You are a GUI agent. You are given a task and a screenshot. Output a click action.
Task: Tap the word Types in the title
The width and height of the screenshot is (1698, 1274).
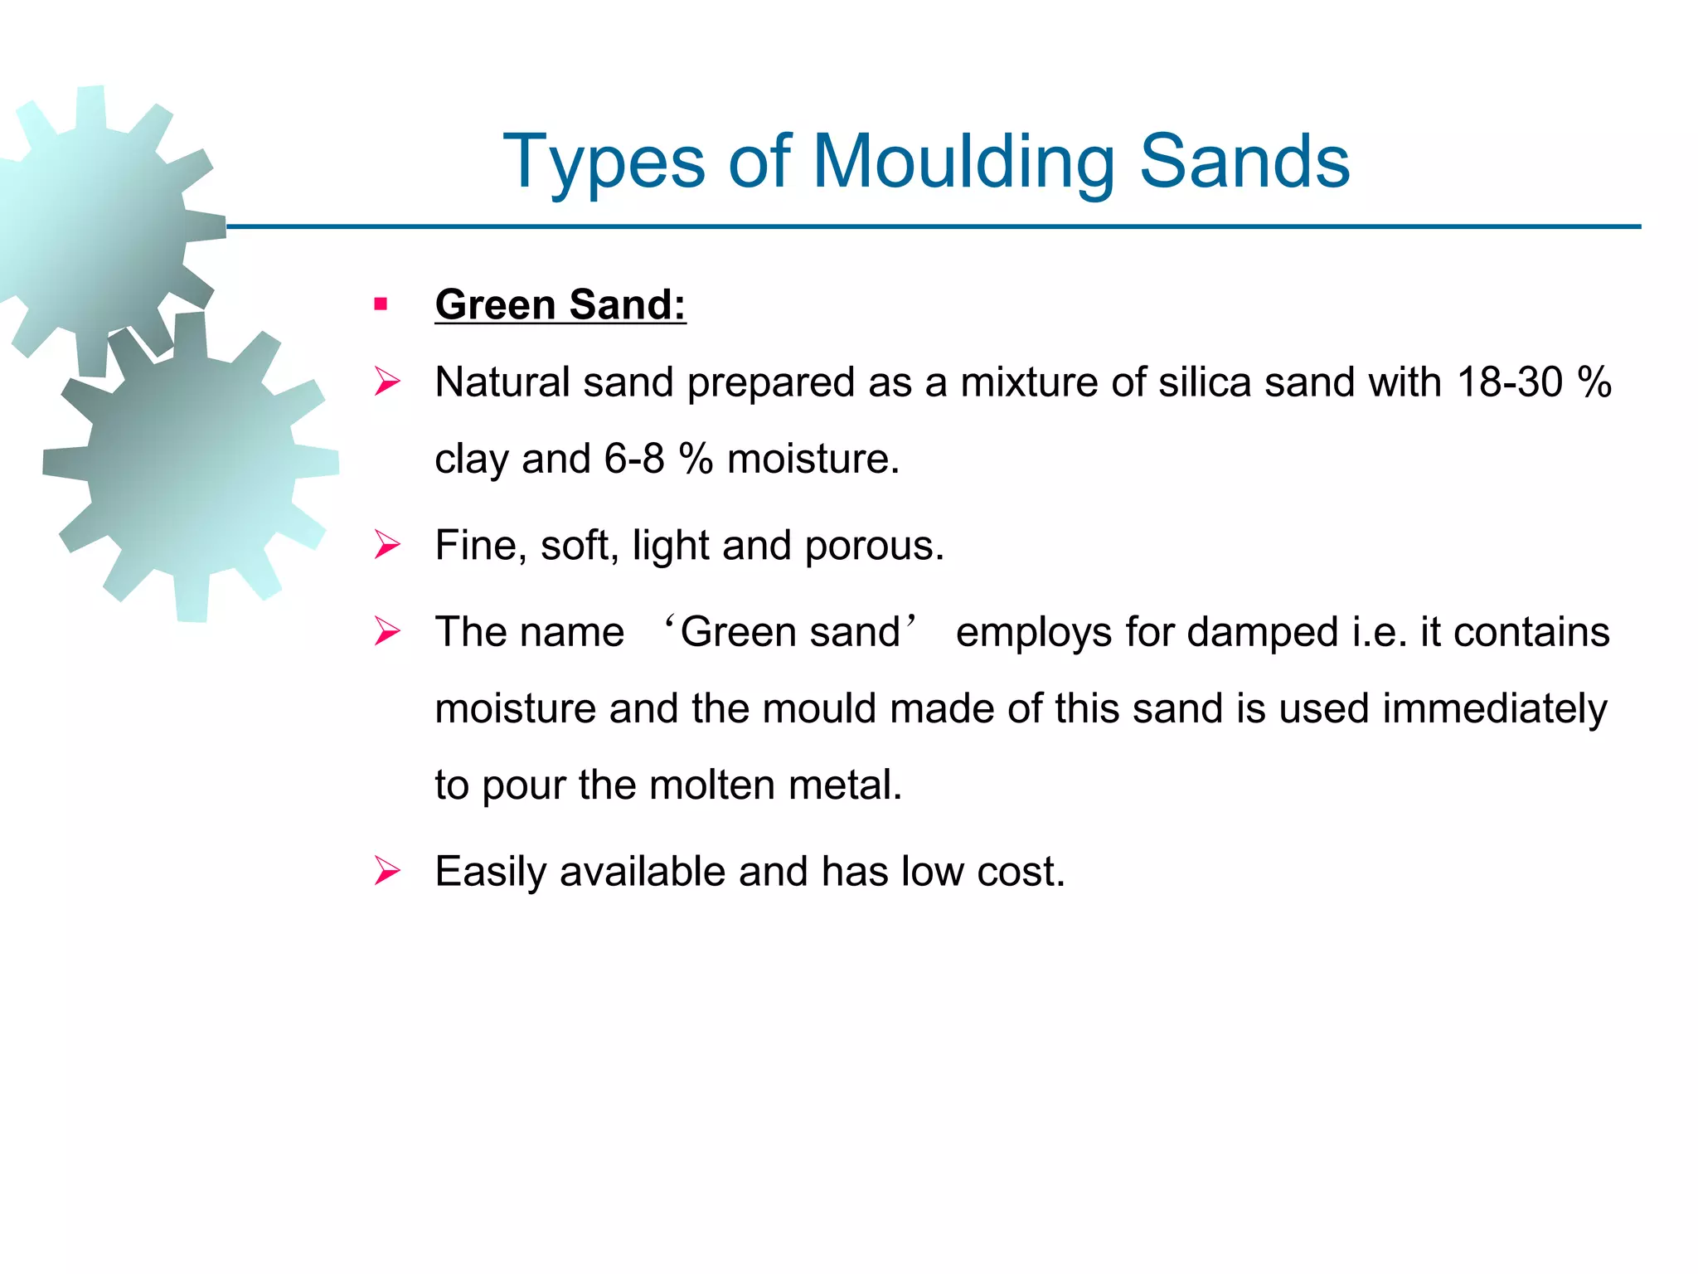pos(604,163)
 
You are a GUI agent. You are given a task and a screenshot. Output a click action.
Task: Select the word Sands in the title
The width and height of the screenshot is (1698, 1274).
pos(1244,163)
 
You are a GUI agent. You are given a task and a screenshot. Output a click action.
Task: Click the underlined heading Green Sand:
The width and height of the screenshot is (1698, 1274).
pos(560,304)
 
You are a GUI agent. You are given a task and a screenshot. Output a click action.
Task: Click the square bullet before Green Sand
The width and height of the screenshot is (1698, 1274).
pos(381,304)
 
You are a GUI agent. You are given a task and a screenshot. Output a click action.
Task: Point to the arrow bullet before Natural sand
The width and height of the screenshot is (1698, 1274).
pos(387,382)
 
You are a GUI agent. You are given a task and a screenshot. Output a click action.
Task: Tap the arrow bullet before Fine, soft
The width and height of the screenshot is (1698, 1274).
pos(387,545)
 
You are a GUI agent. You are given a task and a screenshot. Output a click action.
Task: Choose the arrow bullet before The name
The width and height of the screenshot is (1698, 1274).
pos(387,631)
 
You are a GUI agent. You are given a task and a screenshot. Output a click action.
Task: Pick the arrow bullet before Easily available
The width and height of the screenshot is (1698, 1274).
pos(387,871)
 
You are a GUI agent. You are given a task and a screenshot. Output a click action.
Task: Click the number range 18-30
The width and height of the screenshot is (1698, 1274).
pos(1509,382)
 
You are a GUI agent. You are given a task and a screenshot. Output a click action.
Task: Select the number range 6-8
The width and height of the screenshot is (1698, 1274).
pos(634,459)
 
